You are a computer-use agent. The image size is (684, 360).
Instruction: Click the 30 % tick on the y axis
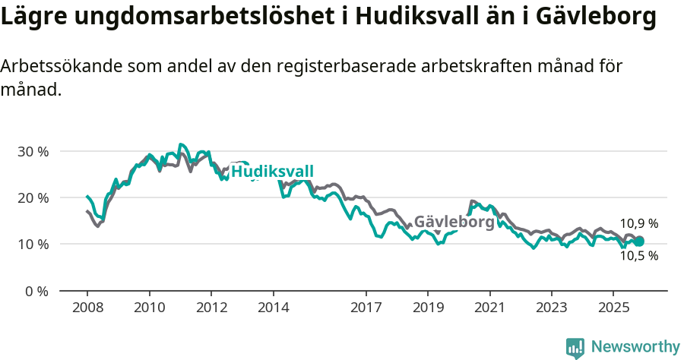click(x=33, y=151)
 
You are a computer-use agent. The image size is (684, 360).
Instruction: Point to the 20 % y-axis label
click(x=33, y=197)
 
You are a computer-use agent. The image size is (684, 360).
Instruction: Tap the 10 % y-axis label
click(x=33, y=245)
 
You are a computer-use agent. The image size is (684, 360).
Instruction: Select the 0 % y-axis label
click(x=36, y=291)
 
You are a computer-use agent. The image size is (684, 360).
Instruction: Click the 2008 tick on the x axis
click(x=87, y=308)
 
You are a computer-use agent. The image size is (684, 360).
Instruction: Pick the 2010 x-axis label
click(x=150, y=308)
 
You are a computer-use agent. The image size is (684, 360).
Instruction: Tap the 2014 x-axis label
click(x=274, y=308)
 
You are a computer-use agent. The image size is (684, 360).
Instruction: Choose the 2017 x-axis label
click(x=366, y=308)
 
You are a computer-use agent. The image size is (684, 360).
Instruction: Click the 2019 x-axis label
click(x=428, y=308)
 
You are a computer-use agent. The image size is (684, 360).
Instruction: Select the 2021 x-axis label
click(x=489, y=308)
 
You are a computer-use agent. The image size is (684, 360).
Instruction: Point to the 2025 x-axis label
click(x=613, y=308)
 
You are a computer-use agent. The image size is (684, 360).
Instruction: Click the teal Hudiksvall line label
click(x=272, y=172)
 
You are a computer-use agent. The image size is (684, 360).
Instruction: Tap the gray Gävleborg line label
click(x=454, y=223)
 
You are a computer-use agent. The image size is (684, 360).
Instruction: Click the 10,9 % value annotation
click(x=639, y=224)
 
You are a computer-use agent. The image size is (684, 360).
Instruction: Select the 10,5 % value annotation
click(x=639, y=256)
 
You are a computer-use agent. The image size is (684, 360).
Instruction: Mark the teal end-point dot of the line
click(x=639, y=242)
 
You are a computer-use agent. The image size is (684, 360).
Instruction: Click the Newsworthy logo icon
click(x=575, y=347)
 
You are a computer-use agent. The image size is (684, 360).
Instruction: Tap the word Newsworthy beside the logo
click(x=635, y=347)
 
